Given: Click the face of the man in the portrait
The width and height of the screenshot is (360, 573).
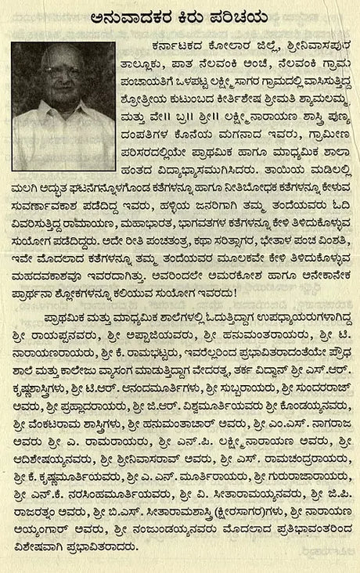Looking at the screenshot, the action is click(x=62, y=78).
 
